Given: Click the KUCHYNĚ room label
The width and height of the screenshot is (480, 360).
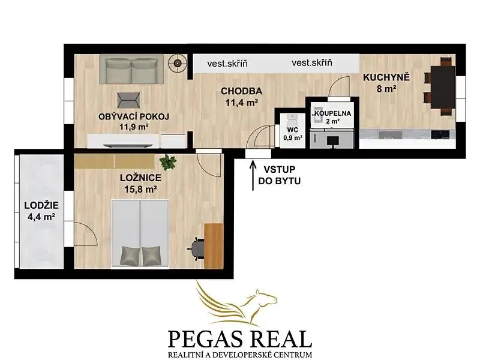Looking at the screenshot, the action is pos(386,77).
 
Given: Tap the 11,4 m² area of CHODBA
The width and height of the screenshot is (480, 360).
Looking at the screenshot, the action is pos(241,103).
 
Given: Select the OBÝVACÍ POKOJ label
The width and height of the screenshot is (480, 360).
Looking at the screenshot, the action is pos(134,116).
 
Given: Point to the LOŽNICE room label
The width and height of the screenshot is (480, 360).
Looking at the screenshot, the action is pos(140,178).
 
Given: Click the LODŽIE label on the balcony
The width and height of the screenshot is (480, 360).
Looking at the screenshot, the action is pos(41,205).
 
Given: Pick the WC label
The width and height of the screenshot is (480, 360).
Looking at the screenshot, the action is pos(293,130).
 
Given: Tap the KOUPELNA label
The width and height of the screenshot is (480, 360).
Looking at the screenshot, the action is pos(333,113).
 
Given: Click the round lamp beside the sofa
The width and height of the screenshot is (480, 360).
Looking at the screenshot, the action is pos(178,64).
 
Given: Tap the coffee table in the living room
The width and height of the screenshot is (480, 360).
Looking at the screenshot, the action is pos(129,100).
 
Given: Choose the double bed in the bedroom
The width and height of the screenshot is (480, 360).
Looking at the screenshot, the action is pos(140,234).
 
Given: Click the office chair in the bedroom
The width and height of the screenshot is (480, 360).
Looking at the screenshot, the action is pos(196,249).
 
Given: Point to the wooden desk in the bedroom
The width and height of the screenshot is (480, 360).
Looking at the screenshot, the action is pos(214,246).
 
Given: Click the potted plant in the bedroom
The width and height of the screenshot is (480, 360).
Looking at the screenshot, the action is pos(168,162).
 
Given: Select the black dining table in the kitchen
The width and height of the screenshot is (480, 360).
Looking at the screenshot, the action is pos(442,86).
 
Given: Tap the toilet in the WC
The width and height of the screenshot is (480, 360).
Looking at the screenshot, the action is pos(293,118).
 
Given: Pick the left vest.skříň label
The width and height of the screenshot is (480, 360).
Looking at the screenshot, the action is pos(227,64).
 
